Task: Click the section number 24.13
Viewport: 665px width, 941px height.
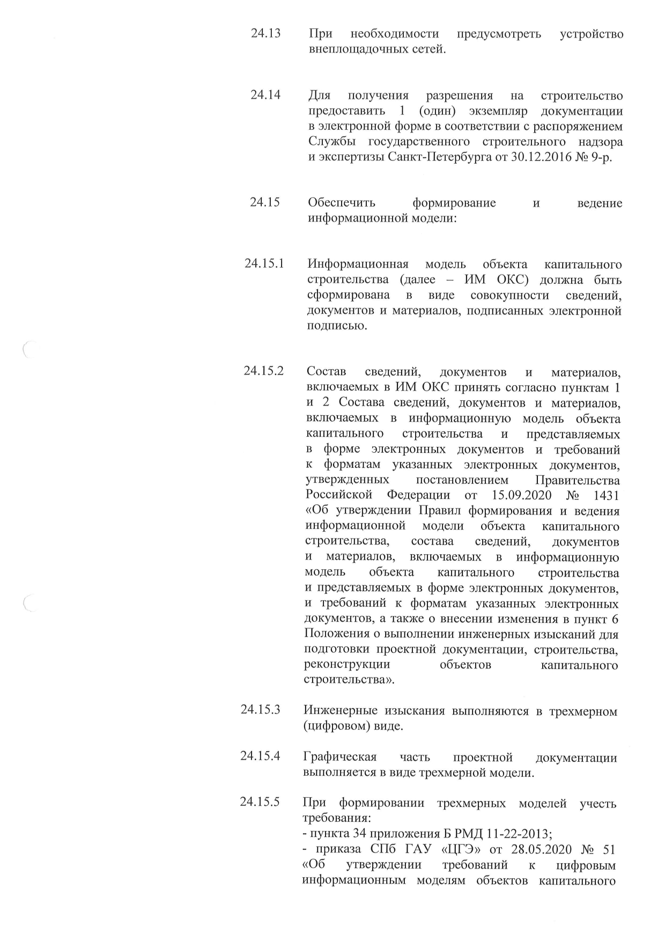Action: [x=265, y=34]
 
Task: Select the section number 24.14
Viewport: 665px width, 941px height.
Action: [x=265, y=96]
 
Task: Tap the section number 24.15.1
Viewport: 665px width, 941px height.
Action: [x=264, y=264]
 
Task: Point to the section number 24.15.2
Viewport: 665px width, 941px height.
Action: [x=263, y=371]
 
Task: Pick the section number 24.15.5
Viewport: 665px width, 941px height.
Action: [x=260, y=803]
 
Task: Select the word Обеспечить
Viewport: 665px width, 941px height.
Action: [x=342, y=203]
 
